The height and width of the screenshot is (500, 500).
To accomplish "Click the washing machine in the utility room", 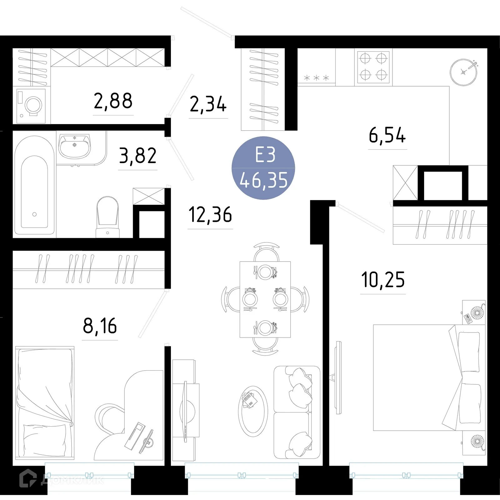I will point(31,106).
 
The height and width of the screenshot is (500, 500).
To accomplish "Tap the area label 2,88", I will point(113,101).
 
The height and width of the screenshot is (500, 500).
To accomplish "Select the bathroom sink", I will point(74,146).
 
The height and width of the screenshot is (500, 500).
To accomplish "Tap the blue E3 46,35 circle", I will point(263,168).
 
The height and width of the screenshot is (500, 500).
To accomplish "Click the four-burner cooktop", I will point(373,67).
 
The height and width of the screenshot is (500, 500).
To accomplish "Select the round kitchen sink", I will point(463,72).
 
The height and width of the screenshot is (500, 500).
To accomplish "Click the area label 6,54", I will point(387,135).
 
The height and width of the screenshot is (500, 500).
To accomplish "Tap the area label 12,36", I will point(210,215).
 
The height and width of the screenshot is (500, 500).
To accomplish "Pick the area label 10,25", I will point(383,280).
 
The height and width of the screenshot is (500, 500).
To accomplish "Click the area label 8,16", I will point(100,326).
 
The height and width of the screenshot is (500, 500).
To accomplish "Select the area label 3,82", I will point(138,156).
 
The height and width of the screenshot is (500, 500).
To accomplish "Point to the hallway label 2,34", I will point(208,104).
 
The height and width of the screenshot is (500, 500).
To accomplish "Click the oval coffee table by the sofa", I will point(253,411).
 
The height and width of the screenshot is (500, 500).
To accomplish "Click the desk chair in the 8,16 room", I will point(109,419).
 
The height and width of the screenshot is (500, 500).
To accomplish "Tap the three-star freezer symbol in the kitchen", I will point(317,78).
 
